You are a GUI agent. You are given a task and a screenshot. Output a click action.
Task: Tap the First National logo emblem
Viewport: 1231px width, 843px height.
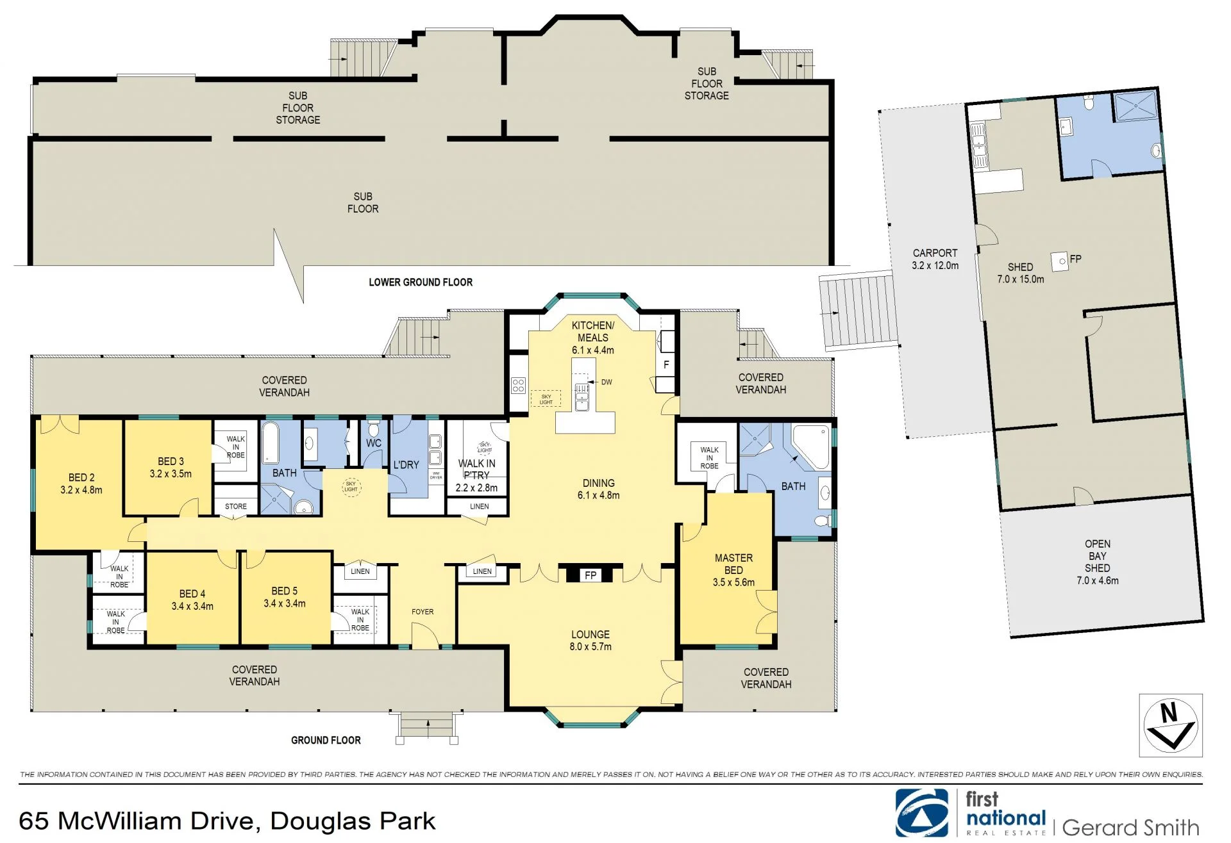922,813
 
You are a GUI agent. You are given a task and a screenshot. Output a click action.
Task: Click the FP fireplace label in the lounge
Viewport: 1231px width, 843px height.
590,575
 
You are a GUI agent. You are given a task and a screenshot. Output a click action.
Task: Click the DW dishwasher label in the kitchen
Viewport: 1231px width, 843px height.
607,382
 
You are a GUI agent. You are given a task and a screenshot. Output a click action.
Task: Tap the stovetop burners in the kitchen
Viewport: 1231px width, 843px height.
518,385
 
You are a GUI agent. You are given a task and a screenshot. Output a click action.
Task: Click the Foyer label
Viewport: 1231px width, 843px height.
423,612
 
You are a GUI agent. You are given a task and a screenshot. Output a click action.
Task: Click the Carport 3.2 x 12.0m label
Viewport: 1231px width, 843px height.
935,259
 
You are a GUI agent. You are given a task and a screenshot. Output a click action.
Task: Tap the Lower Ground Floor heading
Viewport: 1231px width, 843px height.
421,282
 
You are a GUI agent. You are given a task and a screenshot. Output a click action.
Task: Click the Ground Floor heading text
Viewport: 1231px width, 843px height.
326,740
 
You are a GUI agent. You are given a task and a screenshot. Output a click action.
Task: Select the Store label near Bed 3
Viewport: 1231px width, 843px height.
236,506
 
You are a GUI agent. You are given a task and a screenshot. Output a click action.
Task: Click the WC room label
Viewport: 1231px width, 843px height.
374,443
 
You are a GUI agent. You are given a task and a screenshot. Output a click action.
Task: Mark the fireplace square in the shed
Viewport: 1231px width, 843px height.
1060,261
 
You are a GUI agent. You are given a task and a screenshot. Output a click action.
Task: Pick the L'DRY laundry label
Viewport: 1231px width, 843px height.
406,464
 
